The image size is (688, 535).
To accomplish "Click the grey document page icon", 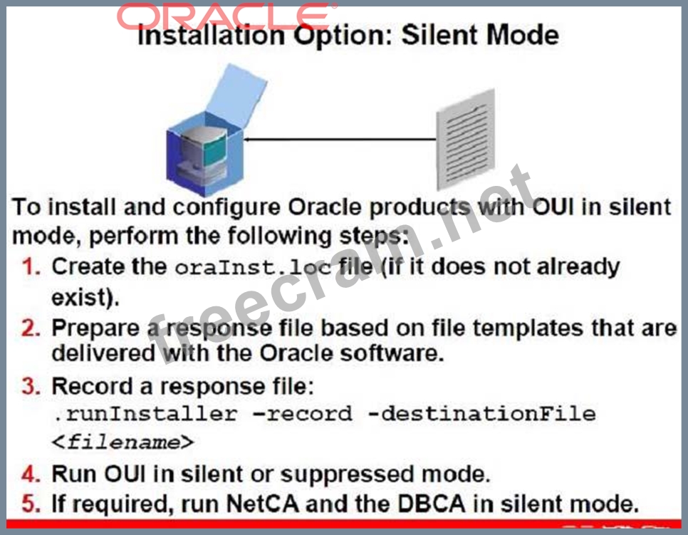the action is coord(466,140).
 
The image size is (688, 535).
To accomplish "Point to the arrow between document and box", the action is coord(339,140).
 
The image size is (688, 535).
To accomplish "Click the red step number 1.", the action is coord(31,267).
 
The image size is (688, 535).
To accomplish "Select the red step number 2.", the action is coord(31,328).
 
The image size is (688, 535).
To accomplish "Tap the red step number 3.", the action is coord(31,386).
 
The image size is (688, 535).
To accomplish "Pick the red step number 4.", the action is coord(31,474).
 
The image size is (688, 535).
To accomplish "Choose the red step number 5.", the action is coord(31,504).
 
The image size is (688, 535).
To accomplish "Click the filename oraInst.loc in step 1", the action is coord(253,267).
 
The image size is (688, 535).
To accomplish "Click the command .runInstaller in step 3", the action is coord(145,414).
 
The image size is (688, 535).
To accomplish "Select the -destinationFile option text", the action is coord(481,414).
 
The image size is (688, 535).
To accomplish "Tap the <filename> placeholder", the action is coord(123,442).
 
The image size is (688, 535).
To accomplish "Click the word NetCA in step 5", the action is coord(262,504).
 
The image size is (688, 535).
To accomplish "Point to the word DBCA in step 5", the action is coord(431,504).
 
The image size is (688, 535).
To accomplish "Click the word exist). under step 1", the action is coord(85,298).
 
